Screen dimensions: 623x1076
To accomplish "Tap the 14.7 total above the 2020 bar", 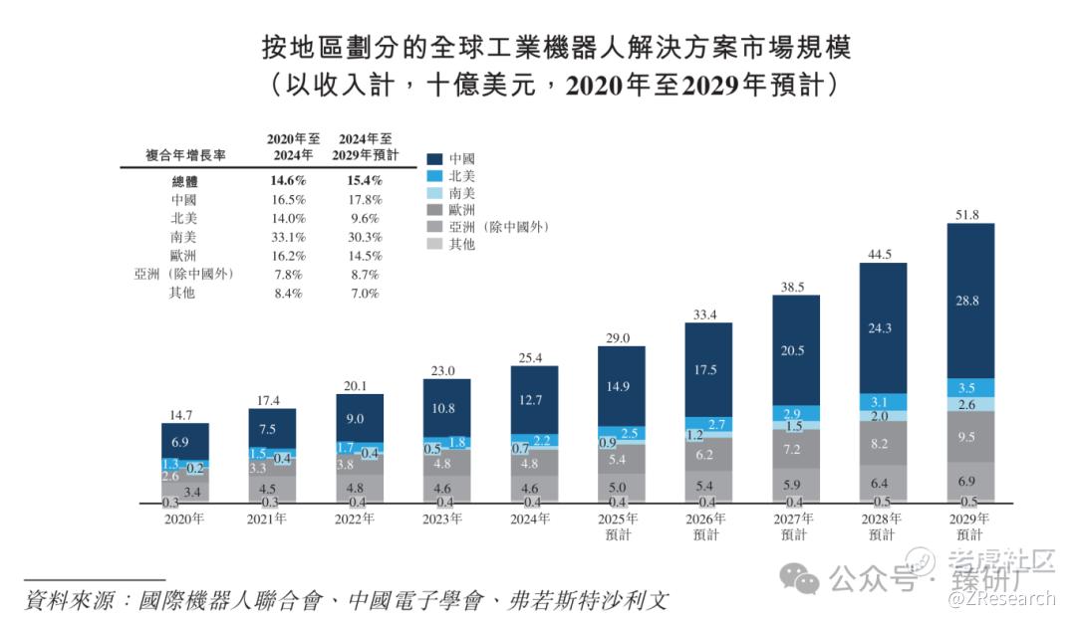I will (x=185, y=413).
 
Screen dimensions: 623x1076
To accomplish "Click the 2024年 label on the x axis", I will (x=534, y=519).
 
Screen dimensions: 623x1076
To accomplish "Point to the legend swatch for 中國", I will (x=434, y=158).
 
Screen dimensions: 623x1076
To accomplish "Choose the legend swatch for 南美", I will (x=434, y=192).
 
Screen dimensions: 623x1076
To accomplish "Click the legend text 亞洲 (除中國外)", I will (x=499, y=227).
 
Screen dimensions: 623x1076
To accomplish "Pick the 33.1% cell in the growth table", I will (x=287, y=236).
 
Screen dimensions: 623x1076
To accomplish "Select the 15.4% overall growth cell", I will (x=366, y=181).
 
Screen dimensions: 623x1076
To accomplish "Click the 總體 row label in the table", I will (x=186, y=181).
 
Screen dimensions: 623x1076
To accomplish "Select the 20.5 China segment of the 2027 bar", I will (x=795, y=350).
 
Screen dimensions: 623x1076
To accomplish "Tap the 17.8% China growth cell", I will (x=366, y=199).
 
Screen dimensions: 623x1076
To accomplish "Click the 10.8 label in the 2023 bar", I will (x=446, y=408).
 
